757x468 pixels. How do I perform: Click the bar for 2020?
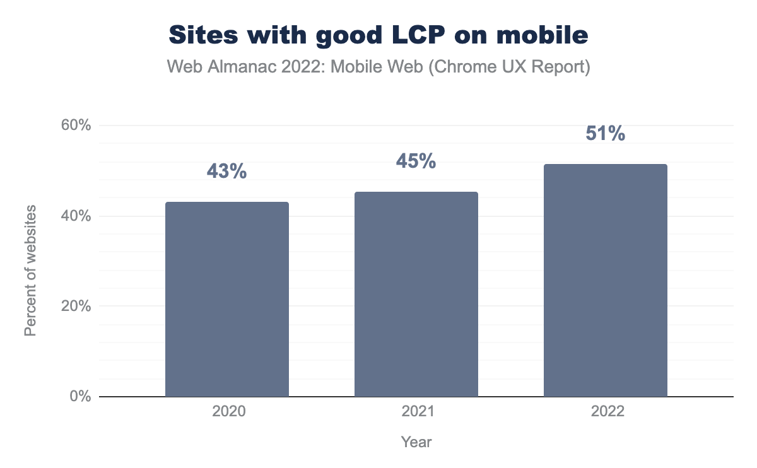pyautogui.click(x=227, y=299)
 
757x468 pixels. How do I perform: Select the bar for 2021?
pyautogui.click(x=416, y=294)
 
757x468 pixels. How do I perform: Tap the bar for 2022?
pyautogui.click(x=606, y=280)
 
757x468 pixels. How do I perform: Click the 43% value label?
pyautogui.click(x=226, y=171)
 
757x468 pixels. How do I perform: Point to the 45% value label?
pyautogui.click(x=416, y=161)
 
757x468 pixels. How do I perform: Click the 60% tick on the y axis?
pyautogui.click(x=76, y=126)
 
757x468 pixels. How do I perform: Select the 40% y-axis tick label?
pyautogui.click(x=76, y=216)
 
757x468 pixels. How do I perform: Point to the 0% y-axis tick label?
pyautogui.click(x=80, y=397)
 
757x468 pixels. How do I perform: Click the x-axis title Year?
pyautogui.click(x=416, y=442)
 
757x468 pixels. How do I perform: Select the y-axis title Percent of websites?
pyautogui.click(x=30, y=270)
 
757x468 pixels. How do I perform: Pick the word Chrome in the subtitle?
pyautogui.click(x=466, y=66)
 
